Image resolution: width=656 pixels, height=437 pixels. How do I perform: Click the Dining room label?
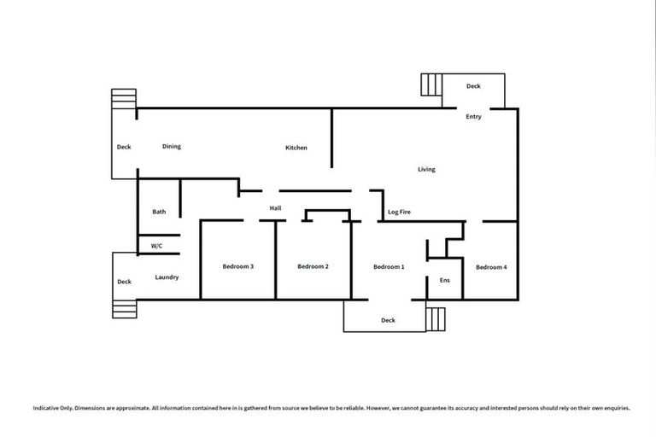point(172,147)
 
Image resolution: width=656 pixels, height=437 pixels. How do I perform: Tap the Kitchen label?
point(296,149)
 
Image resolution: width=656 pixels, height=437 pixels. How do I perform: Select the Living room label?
point(426,169)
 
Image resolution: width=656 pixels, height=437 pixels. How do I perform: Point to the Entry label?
point(473,117)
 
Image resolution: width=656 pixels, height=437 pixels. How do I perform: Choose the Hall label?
point(275,207)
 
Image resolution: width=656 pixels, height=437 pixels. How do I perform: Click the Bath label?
point(159,212)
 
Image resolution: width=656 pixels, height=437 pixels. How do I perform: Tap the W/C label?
point(156,246)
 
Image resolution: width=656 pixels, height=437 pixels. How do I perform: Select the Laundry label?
point(167,277)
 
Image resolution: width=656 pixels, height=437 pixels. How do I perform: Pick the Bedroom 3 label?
point(237,267)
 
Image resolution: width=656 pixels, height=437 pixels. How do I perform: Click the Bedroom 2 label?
point(313,267)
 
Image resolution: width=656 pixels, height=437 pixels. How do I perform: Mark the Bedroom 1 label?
point(389,267)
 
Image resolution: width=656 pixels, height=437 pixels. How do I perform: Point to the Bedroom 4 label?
point(491,267)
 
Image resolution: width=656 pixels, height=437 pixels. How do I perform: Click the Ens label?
point(444,281)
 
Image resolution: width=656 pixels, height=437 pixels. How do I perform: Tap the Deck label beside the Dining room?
point(124,147)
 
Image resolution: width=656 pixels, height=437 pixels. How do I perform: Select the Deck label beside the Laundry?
point(124,282)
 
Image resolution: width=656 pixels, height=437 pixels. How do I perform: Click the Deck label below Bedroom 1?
point(388,320)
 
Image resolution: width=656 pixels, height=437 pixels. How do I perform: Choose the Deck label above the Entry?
point(473,86)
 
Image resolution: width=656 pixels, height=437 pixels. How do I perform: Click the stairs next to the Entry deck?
point(430,85)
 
